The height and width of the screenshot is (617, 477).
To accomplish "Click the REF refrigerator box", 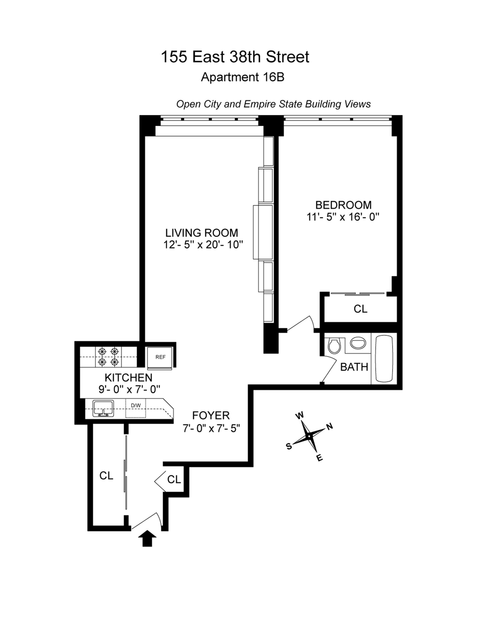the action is [160, 357].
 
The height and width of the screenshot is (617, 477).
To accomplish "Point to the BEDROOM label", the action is [343, 205].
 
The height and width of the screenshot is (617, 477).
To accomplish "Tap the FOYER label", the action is [211, 415].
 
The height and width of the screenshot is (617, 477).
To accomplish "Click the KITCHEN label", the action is [128, 377].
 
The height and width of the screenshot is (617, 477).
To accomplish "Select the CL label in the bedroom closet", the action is [360, 309].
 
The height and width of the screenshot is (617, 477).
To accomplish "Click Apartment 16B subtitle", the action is [242, 77].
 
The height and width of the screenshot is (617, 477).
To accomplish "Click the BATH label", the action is [354, 367].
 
